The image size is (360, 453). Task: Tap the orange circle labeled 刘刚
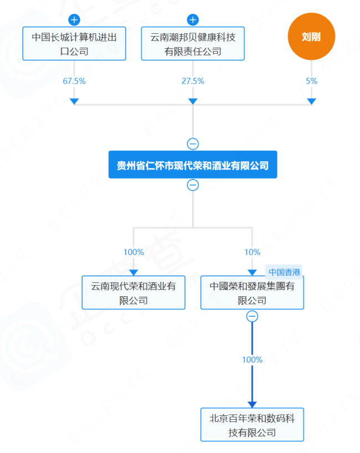[x=311, y=37]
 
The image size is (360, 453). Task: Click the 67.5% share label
[x=74, y=81]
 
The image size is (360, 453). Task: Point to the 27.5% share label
[x=193, y=81]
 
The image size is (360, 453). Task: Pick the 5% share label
[x=311, y=81]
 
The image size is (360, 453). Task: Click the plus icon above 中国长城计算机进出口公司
[x=74, y=20]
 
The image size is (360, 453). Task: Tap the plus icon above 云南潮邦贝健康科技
[x=193, y=20]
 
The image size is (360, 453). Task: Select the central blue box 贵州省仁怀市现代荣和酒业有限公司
[x=193, y=165]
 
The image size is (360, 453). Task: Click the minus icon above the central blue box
[x=193, y=144]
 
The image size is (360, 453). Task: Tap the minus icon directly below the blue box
[x=193, y=185]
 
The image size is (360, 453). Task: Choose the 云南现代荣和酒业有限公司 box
[x=133, y=293]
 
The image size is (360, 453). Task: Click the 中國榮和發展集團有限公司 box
[x=252, y=293]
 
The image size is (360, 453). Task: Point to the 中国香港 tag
[x=285, y=272]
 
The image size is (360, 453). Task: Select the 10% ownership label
[x=252, y=252]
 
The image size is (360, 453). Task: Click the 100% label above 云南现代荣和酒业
[x=133, y=252]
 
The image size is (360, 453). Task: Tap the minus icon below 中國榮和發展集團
[x=252, y=316]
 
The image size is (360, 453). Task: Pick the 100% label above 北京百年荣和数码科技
[x=252, y=360]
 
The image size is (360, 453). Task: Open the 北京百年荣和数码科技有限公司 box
[x=252, y=425]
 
